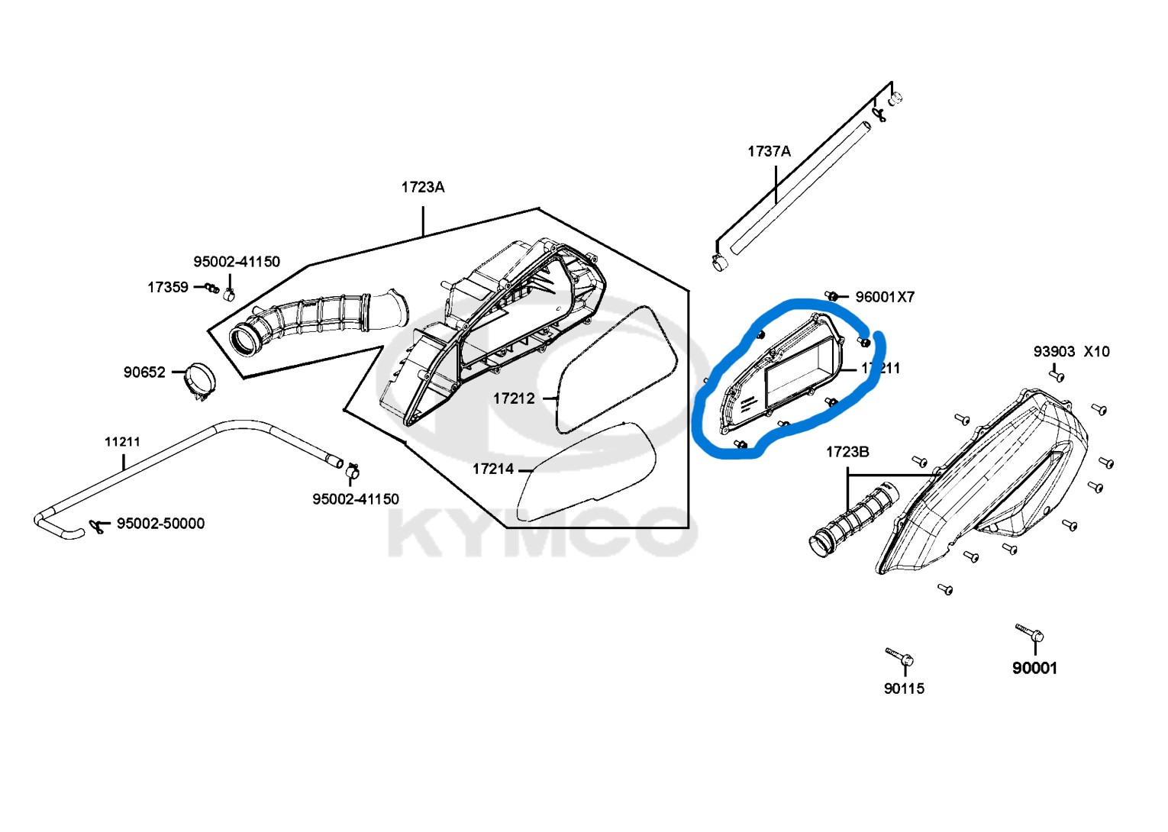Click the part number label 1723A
[x=423, y=187]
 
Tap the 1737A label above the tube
[x=769, y=151]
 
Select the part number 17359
[x=167, y=287]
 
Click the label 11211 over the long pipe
[x=122, y=441]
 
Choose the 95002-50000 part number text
[x=160, y=524]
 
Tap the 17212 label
[x=514, y=398]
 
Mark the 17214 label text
[x=493, y=469]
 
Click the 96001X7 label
[x=884, y=297]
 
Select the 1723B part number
[x=847, y=452]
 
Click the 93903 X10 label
[x=1071, y=352]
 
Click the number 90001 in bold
[x=1034, y=668]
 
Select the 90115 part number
[x=904, y=688]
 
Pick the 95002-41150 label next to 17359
[x=236, y=262]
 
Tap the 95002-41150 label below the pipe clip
[x=355, y=499]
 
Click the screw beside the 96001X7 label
[x=833, y=295]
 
